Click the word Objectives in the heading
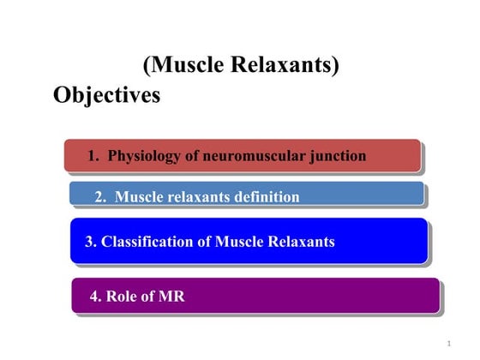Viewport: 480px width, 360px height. coord(106,95)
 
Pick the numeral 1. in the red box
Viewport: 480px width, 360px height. coord(95,156)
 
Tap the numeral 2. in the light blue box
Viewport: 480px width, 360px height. coord(101,197)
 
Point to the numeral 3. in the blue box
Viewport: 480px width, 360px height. coord(91,242)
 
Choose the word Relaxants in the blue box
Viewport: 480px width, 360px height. coord(299,242)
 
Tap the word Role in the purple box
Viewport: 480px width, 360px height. coord(122,297)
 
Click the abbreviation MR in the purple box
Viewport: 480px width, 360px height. coord(171,297)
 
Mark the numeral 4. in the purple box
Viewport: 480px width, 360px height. coord(96,297)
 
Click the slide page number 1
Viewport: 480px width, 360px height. coord(448,344)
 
